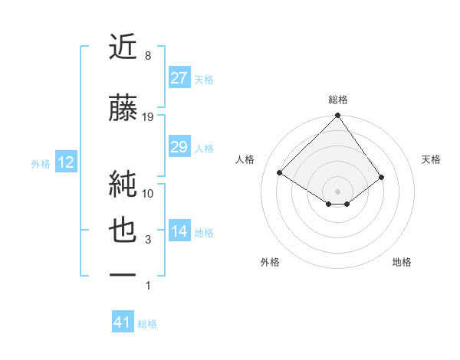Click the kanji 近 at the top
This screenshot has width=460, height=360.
point(123,47)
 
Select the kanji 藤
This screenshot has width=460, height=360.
point(123,109)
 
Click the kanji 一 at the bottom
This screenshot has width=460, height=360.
point(123,273)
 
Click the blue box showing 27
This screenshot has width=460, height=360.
point(179,77)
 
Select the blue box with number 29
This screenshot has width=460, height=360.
point(179,147)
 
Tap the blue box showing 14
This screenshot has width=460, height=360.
point(179,231)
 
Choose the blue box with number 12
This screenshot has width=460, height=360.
point(65,162)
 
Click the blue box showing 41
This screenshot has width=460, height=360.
point(123,322)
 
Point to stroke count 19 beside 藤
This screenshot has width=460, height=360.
point(148,117)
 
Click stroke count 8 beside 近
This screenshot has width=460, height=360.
point(148,56)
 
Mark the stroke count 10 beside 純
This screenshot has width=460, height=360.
point(148,193)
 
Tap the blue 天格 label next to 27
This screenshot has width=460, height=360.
point(204,79)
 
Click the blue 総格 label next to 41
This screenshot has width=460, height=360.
point(147,324)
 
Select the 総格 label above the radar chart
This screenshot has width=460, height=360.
point(337,100)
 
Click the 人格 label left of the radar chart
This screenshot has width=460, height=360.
point(245,159)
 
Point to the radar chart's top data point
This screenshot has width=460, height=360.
point(337,116)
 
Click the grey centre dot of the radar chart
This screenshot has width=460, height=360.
point(337,191)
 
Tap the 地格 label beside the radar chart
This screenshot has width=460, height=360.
point(402,262)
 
